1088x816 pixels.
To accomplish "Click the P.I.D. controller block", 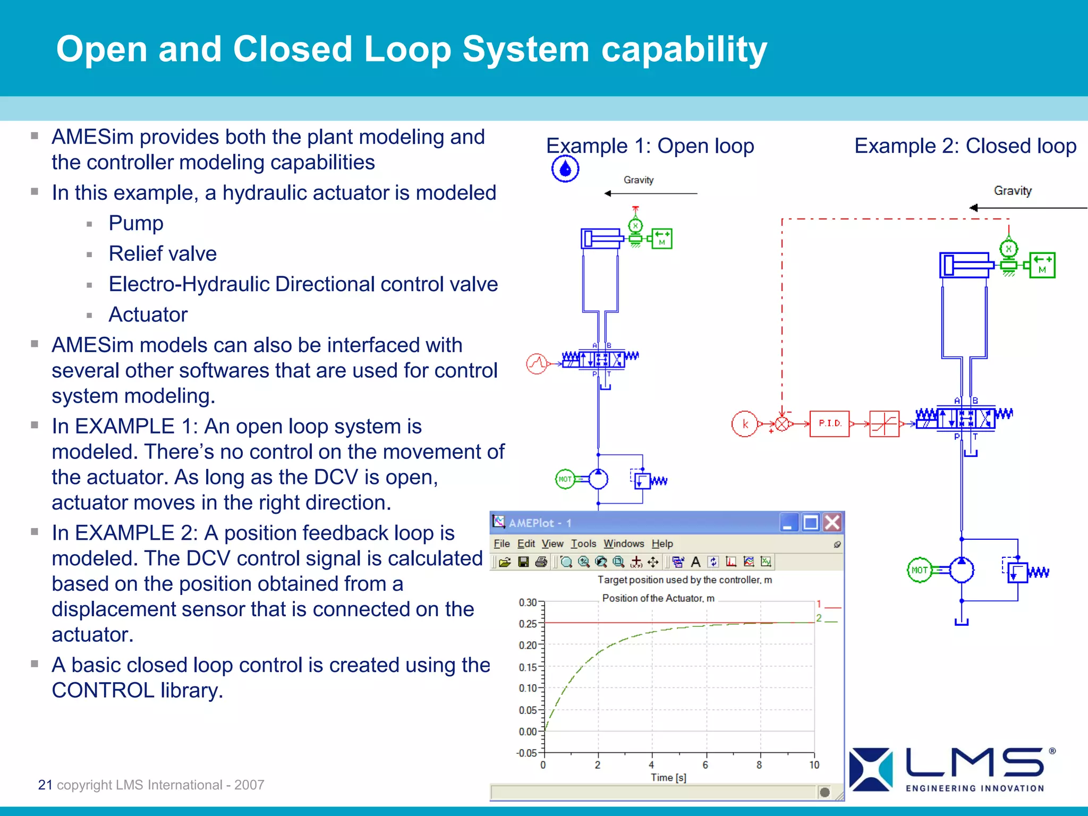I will pos(829,423).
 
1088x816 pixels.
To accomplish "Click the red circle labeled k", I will pos(744,424).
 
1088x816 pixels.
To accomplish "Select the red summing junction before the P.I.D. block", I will pos(782,424).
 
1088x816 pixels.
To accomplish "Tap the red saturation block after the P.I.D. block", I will pos(884,424).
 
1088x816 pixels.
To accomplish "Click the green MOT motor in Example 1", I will pos(565,479).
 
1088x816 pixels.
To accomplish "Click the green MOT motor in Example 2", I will pos(919,570).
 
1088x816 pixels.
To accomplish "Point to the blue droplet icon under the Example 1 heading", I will pos(565,169).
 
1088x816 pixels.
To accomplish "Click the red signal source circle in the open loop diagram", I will pos(537,364).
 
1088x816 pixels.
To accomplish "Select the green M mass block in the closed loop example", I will pos(1042,265).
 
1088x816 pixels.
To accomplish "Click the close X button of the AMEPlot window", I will pos(832,523).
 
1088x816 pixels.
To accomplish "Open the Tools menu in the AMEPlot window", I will pos(583,543).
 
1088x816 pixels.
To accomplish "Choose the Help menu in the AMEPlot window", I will pos(662,543).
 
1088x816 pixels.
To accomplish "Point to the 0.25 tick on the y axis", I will pos(528,624).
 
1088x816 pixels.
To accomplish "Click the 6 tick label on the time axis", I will pos(705,765).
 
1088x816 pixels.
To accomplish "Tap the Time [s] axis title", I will pos(668,778).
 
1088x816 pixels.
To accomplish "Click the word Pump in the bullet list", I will pos(136,223).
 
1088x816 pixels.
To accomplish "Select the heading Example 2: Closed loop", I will pos(965,146).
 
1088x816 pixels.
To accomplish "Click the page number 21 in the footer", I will pos(45,785).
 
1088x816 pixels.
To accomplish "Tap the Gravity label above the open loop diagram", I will pos(638,180).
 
